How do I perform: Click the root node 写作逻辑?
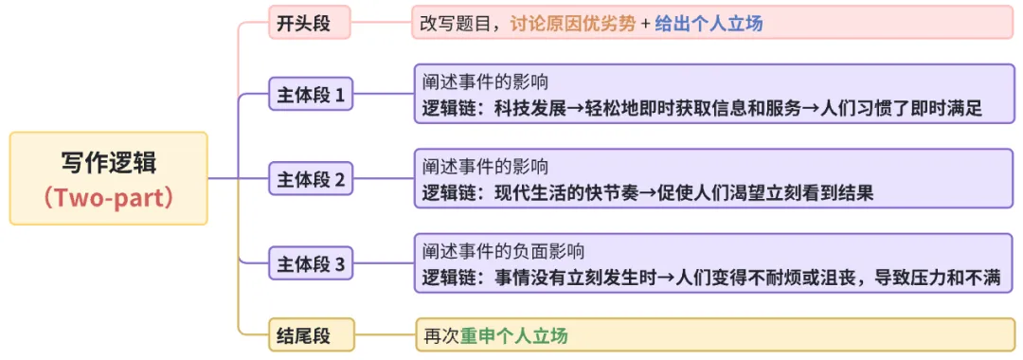(x=109, y=163)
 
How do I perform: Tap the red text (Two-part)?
(x=109, y=198)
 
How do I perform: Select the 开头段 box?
(x=296, y=23)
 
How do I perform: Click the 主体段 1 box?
(x=311, y=95)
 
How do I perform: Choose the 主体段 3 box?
(x=311, y=263)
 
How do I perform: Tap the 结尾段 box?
(x=296, y=334)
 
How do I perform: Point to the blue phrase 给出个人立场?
(x=709, y=24)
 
